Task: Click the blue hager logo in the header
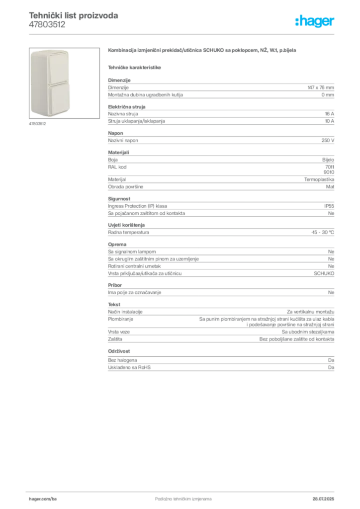pos(316,22)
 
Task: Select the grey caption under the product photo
pos(37,124)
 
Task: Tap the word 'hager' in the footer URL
pos(36,498)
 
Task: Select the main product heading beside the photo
pos(202,51)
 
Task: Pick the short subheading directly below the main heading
pos(135,67)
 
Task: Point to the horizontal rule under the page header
pos(182,33)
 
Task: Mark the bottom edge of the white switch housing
pos(51,115)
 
